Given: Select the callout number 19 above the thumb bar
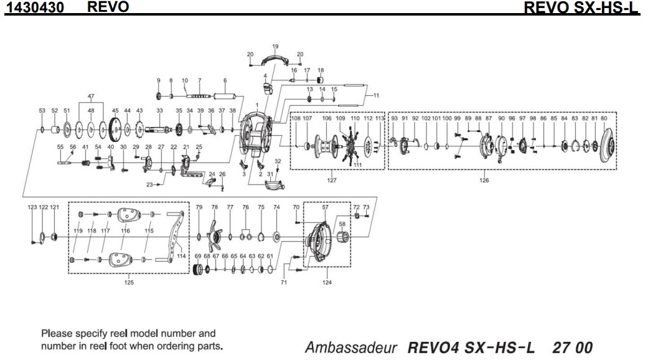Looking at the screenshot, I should [275, 46].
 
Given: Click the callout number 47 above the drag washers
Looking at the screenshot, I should [92, 97].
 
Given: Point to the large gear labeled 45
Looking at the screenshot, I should [115, 130].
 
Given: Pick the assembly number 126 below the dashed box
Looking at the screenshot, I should [484, 181].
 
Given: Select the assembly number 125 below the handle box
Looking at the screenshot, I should [129, 282].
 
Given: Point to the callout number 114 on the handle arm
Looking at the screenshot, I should [182, 255].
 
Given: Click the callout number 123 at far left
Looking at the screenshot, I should [32, 207].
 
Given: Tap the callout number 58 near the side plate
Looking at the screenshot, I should [342, 222].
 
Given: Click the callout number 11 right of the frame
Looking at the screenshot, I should [375, 95].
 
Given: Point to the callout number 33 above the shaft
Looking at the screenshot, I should [159, 110].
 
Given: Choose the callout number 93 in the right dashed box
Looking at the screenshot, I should [394, 118].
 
